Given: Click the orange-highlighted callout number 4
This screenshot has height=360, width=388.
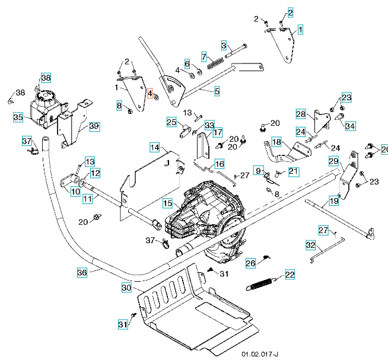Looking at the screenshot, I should [150, 94].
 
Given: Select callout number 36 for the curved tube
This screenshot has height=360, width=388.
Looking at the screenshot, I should [82, 272].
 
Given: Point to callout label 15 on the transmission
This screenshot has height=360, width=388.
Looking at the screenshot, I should [168, 203].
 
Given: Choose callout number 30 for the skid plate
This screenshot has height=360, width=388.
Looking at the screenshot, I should [126, 287].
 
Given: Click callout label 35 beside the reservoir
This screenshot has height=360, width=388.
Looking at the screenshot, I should [18, 117].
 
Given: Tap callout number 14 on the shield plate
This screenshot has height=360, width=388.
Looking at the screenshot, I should [154, 146].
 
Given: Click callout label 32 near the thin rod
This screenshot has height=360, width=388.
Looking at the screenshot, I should [310, 244].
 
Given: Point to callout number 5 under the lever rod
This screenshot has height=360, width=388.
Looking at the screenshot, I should [217, 91].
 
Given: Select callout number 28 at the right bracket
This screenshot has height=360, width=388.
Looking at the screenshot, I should [300, 113].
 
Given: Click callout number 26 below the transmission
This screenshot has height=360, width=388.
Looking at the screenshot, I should [250, 263].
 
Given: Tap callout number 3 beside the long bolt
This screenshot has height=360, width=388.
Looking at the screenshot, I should [224, 45].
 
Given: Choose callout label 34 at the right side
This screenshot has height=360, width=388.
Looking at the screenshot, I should [350, 126].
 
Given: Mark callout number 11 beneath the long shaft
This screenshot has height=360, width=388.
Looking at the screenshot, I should [87, 199].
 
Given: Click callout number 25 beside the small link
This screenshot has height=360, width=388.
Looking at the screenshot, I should [171, 122].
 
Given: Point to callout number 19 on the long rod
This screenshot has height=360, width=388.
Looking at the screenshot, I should [334, 201].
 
